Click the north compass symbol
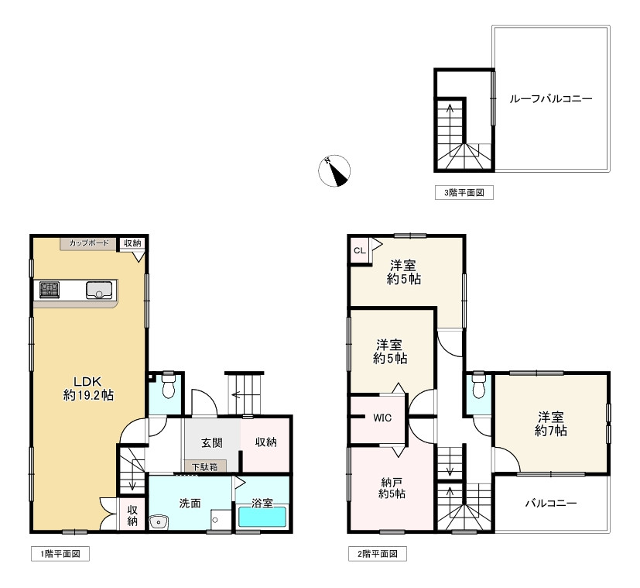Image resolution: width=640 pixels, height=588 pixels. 334,170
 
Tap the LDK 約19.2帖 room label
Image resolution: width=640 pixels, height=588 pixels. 88,389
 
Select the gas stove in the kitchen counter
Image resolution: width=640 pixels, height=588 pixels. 50,290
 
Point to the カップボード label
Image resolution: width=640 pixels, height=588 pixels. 88,243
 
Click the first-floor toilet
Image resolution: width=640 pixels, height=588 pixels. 168,384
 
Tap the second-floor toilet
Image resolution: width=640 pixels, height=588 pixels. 478,384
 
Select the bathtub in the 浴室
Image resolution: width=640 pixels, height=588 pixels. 262,517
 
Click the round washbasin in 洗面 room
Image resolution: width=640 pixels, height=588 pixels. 159,522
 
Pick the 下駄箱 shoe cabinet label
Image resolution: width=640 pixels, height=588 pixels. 204,466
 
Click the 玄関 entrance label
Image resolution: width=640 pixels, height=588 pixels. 212,442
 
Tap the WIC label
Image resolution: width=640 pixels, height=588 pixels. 382,418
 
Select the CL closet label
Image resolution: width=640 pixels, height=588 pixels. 360,250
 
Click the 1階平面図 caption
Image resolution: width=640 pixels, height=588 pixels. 60,554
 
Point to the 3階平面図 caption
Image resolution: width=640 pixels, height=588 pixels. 464,192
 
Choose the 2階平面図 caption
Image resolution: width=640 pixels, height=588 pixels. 378,554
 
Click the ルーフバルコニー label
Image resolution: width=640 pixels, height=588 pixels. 550,99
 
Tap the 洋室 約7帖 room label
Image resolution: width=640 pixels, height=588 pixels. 550,424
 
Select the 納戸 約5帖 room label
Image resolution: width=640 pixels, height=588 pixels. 392,488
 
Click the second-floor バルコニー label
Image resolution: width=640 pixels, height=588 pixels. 550,503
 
